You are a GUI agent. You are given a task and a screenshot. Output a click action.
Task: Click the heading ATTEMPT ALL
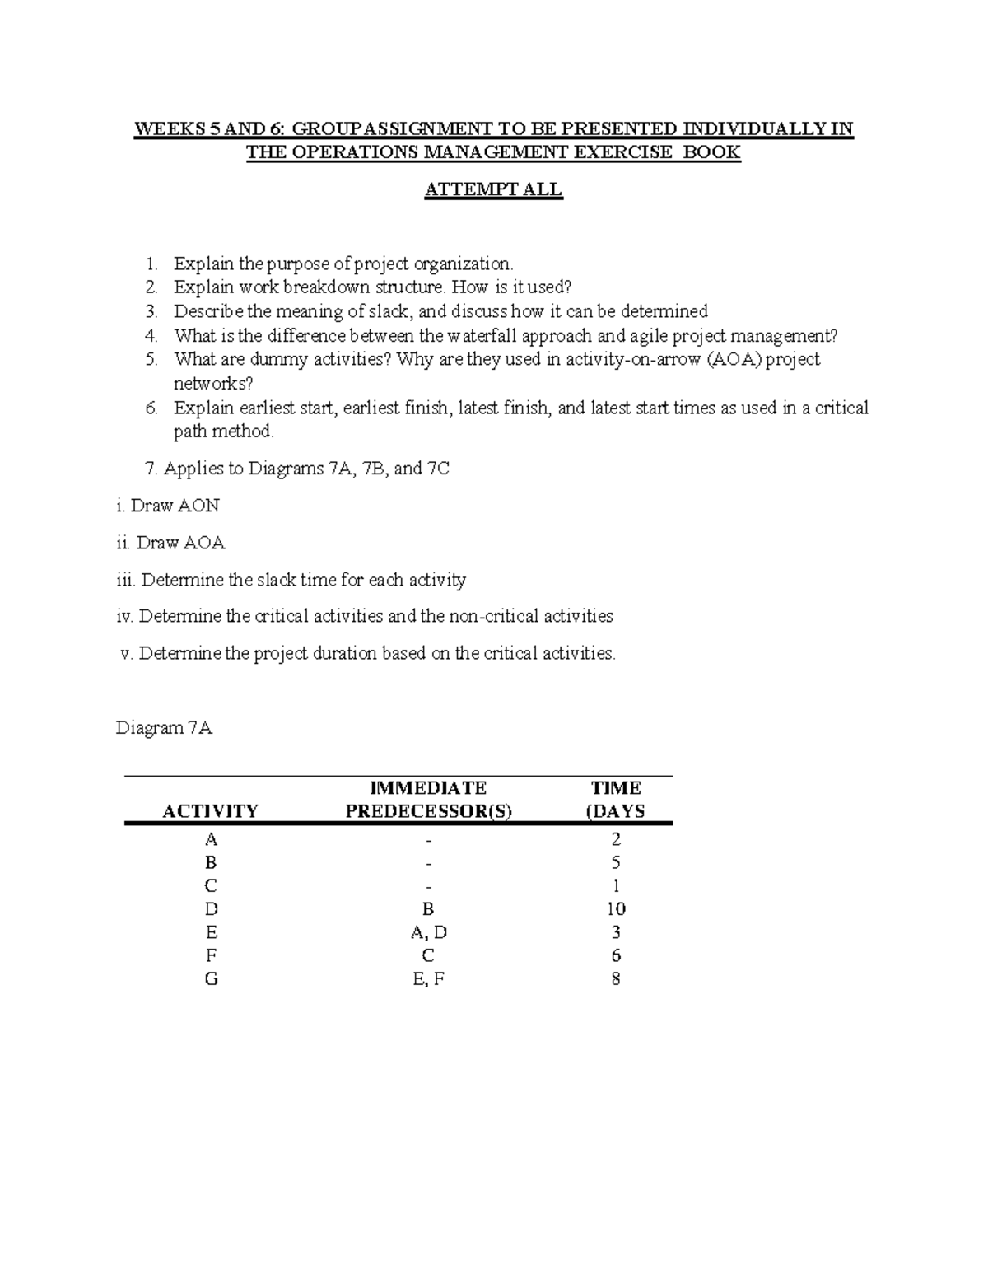492,189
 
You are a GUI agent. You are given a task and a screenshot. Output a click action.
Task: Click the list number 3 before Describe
151,311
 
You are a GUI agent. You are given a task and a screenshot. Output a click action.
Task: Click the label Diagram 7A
164,728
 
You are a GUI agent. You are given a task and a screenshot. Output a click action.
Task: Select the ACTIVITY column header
210,811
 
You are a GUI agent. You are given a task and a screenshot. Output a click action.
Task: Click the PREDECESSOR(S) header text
428,811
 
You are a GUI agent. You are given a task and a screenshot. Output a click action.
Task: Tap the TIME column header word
616,788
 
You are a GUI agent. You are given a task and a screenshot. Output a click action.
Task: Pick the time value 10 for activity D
616,909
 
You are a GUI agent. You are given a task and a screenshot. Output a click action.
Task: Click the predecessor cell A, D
428,932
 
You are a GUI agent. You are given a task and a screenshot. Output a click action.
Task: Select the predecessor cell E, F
428,979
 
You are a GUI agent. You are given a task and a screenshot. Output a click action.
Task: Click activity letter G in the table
212,979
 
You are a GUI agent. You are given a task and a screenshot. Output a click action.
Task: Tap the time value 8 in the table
616,979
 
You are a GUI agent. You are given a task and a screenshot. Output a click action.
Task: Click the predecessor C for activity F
428,955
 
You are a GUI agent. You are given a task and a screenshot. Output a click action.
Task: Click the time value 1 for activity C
616,886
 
